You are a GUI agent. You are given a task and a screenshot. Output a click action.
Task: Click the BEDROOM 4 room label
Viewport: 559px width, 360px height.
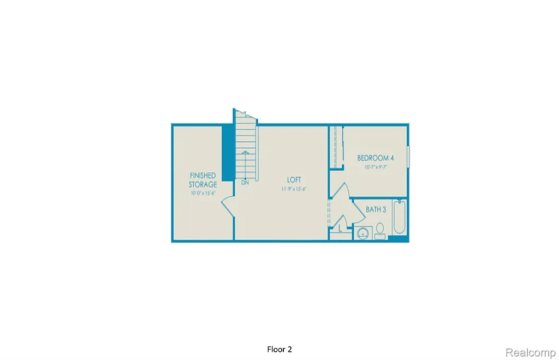tap(376, 158)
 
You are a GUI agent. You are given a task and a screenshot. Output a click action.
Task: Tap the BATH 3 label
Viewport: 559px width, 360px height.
tap(376, 209)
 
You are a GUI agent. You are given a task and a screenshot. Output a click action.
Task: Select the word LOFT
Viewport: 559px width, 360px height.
tap(294, 179)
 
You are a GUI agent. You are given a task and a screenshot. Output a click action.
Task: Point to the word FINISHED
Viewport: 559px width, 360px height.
tap(203, 176)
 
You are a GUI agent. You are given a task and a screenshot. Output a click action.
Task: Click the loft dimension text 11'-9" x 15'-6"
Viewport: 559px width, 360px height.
tap(294, 189)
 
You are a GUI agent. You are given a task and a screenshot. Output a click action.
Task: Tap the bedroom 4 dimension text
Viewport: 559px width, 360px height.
tap(376, 167)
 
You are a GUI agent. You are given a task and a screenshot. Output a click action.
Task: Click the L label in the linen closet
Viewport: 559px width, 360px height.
tap(341, 229)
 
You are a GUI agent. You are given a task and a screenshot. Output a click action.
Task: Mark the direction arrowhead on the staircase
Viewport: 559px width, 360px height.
tap(246, 153)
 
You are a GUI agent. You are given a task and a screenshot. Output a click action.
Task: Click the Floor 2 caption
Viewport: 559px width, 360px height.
tap(283, 349)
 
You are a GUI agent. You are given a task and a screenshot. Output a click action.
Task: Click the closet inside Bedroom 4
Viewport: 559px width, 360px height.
tap(335, 147)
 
